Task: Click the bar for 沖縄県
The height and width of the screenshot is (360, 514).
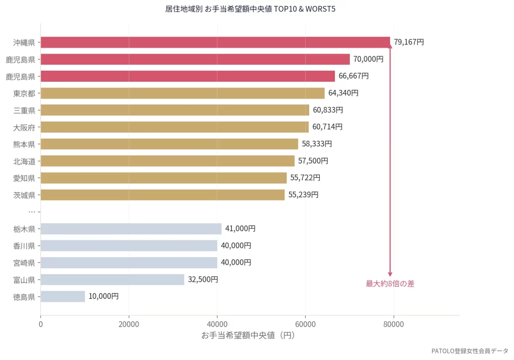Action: click(215, 42)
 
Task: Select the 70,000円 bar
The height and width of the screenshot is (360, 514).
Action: click(195, 59)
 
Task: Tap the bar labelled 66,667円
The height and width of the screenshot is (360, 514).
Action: click(187, 76)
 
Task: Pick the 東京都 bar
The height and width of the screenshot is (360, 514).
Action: click(182, 93)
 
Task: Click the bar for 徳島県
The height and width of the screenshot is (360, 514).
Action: click(63, 296)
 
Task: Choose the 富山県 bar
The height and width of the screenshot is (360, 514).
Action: click(112, 280)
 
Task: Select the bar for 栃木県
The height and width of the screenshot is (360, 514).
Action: click(131, 229)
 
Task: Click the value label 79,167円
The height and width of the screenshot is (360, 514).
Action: click(409, 42)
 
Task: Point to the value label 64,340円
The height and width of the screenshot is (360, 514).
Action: click(343, 93)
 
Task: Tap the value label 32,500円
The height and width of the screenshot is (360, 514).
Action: click(203, 280)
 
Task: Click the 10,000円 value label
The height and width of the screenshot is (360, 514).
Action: click(103, 296)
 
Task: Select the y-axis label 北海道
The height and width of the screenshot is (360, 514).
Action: click(24, 161)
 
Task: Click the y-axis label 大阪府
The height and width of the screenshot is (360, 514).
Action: click(24, 128)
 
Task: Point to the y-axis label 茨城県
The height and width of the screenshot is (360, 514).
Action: click(24, 195)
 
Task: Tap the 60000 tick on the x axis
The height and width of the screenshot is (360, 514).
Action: click(305, 324)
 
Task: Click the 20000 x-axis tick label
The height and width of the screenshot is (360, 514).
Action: click(129, 324)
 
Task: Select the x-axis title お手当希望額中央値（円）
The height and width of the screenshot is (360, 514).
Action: click(248, 335)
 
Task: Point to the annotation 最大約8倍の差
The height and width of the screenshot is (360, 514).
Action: click(390, 284)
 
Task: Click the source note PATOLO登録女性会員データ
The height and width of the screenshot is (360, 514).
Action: click(470, 351)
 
